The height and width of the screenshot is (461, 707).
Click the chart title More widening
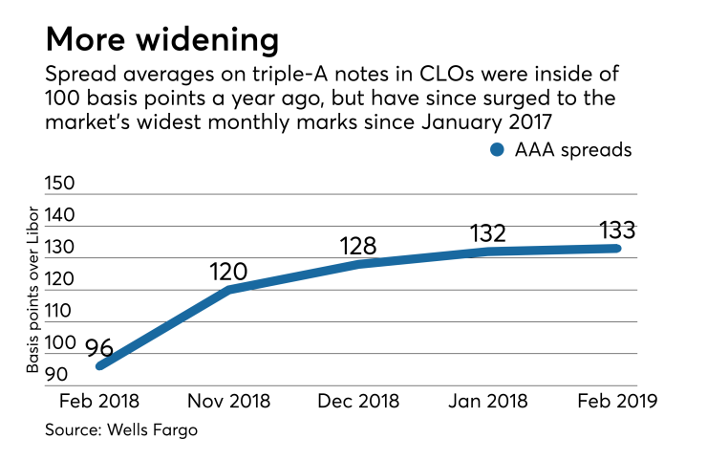coord(162,39)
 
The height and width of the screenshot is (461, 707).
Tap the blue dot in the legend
coord(497,149)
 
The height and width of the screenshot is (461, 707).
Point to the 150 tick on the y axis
coord(63,182)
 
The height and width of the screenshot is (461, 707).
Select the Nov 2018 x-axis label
coord(229,401)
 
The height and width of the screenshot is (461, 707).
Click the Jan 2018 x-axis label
coord(487,401)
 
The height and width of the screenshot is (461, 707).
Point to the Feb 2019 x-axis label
coord(615,401)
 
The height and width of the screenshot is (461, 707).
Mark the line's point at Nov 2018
coord(229,288)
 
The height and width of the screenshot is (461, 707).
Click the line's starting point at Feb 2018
coord(99,365)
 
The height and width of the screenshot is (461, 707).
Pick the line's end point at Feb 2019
coord(616,248)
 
